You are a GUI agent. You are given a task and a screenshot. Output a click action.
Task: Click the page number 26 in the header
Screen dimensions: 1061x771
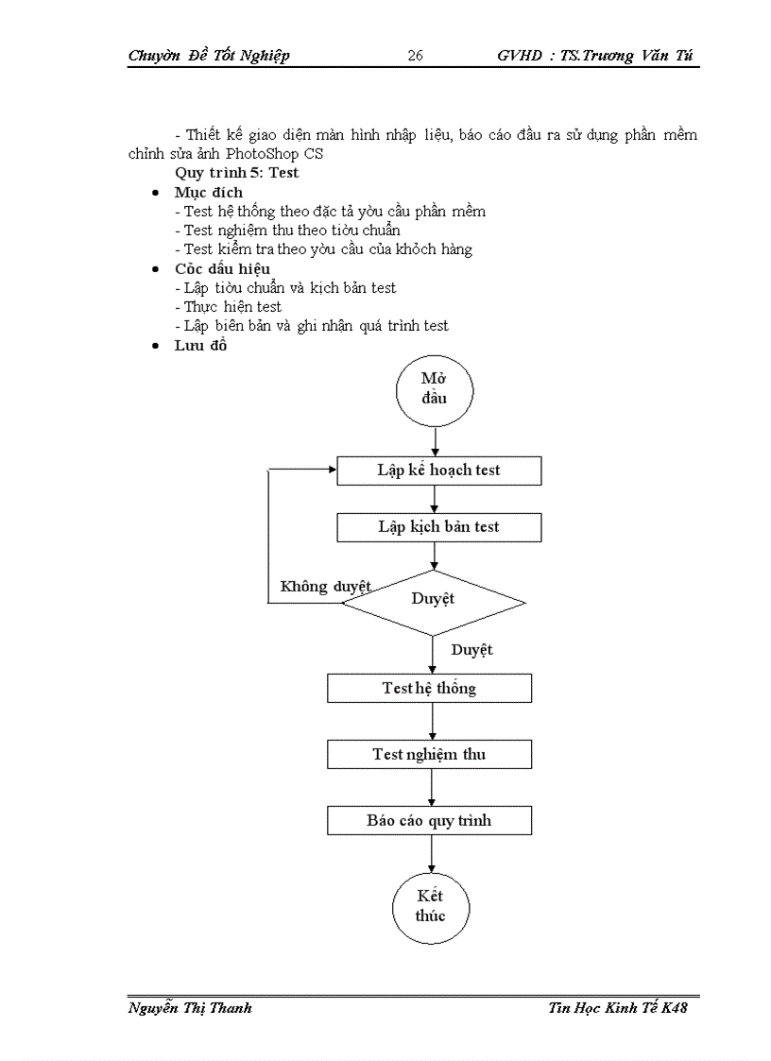[415, 56]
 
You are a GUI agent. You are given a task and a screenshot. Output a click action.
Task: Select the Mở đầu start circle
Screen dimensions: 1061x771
[434, 388]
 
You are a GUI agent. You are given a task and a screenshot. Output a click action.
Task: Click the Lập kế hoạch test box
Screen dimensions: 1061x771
[438, 471]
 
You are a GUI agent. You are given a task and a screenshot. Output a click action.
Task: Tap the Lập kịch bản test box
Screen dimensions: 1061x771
[438, 527]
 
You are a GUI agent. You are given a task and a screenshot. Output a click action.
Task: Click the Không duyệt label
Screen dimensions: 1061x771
[325, 587]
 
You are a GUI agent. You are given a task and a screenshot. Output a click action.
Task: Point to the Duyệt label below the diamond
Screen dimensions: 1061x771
[471, 650]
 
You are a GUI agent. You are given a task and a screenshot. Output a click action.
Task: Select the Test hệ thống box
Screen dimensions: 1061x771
[429, 688]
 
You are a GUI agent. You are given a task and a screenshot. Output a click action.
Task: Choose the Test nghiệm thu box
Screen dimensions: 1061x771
[429, 754]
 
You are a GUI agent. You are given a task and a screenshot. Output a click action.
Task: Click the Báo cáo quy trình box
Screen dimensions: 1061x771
[429, 820]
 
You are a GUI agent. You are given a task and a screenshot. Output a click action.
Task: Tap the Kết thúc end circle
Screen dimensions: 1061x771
[430, 906]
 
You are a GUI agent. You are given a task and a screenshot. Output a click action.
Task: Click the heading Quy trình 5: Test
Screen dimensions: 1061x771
[236, 173]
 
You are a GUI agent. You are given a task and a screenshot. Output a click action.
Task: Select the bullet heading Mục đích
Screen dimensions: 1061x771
[208, 192]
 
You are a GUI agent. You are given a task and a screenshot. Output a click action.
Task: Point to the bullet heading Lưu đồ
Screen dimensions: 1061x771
[200, 345]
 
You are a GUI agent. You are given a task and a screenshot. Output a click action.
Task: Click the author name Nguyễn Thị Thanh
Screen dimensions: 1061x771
[189, 1008]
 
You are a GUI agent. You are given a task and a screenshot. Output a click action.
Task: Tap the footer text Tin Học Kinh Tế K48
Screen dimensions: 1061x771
[617, 1008]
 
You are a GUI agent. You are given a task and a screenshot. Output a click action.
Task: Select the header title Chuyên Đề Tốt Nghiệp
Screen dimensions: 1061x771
[208, 56]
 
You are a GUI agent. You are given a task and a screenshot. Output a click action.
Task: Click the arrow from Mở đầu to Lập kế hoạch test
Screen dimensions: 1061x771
[434, 440]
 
